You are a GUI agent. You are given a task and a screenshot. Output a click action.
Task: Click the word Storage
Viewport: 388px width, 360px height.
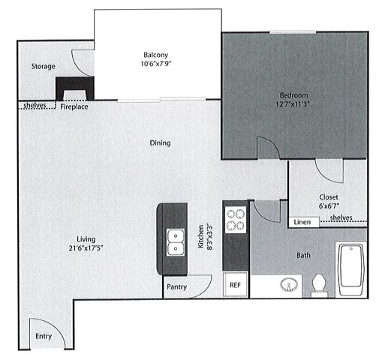[43, 67]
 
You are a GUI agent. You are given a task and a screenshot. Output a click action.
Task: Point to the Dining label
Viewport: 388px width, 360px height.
[160, 142]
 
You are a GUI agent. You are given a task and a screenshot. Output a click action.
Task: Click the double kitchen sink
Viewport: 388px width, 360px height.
[176, 242]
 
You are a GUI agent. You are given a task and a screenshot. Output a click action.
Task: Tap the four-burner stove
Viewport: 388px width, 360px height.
[236, 217]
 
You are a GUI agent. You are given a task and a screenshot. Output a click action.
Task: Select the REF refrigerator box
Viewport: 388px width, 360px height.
[235, 285]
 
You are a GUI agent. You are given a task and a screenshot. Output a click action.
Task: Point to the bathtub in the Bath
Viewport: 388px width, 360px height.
[351, 268]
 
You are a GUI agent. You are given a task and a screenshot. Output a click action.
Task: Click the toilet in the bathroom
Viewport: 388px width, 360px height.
[319, 284]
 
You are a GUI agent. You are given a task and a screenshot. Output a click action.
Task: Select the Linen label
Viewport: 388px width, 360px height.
[302, 221]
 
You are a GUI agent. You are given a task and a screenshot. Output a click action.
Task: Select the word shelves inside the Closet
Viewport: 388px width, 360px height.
[341, 217]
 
